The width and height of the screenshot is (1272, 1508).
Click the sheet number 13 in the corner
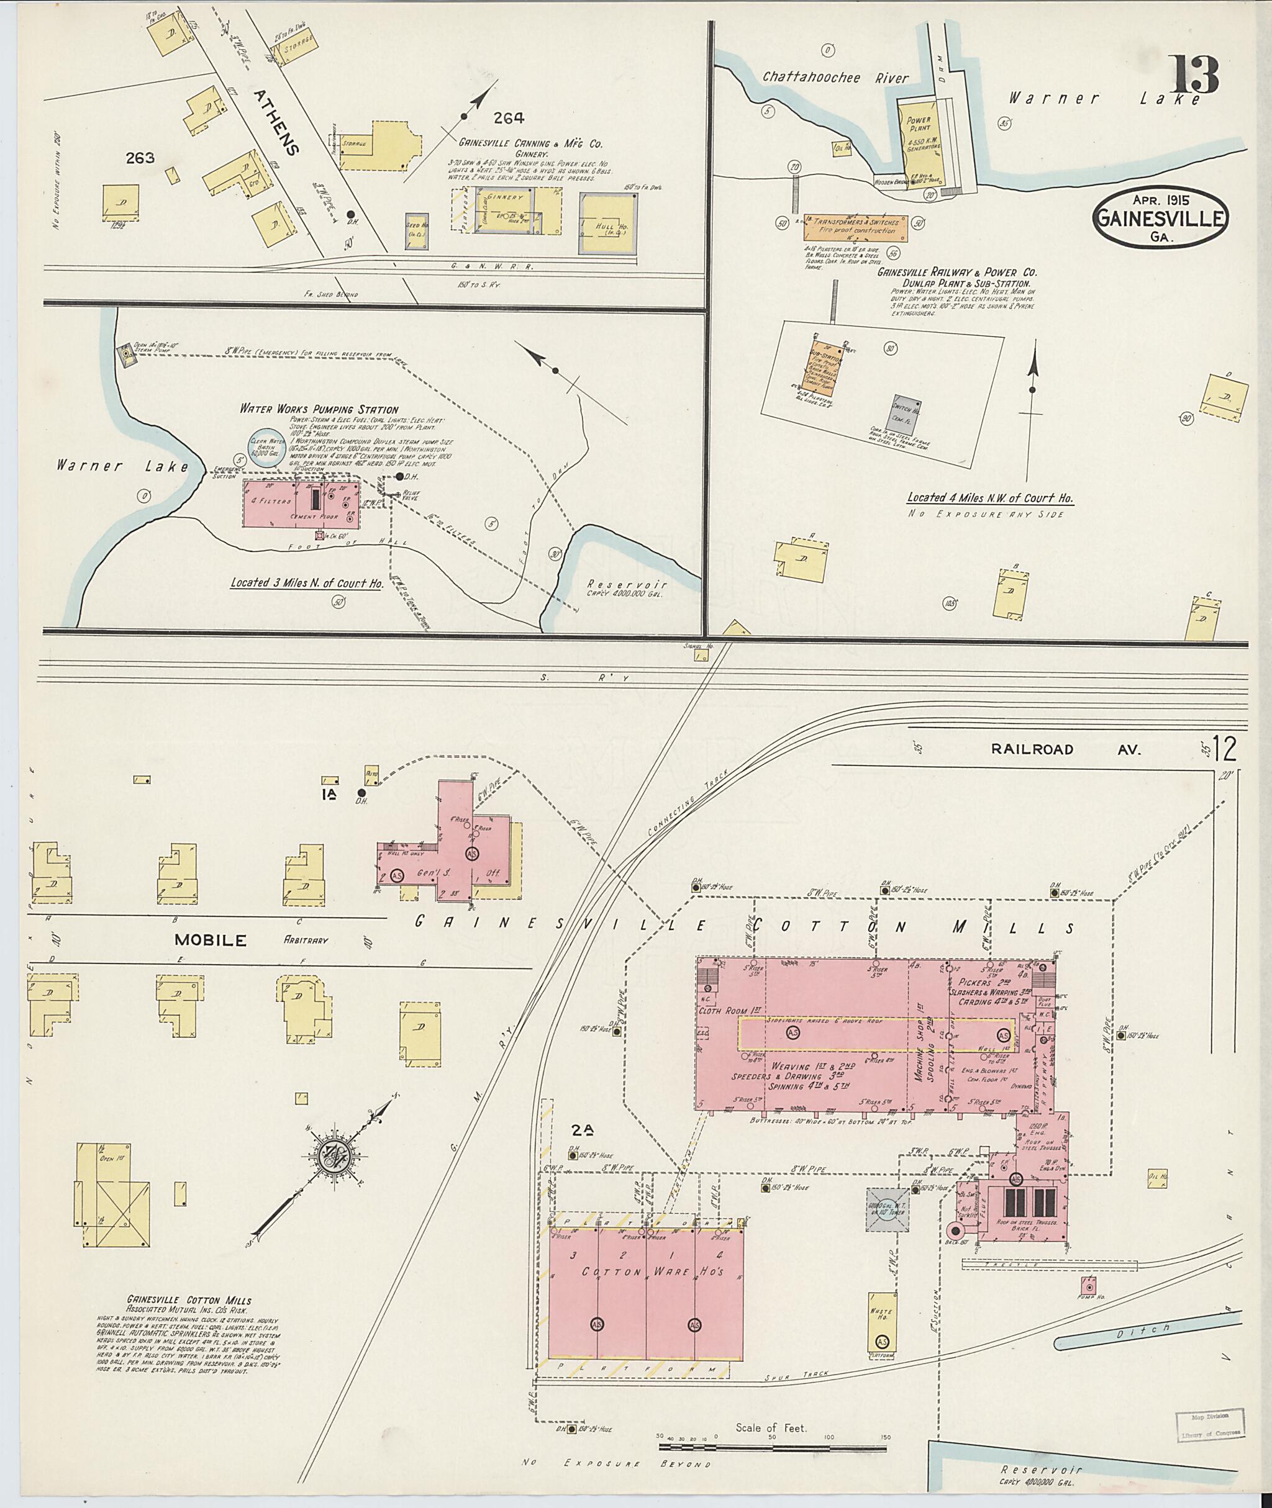click(1195, 76)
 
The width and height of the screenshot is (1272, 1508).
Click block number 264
click(509, 118)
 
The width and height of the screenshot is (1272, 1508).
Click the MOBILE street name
click(210, 940)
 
